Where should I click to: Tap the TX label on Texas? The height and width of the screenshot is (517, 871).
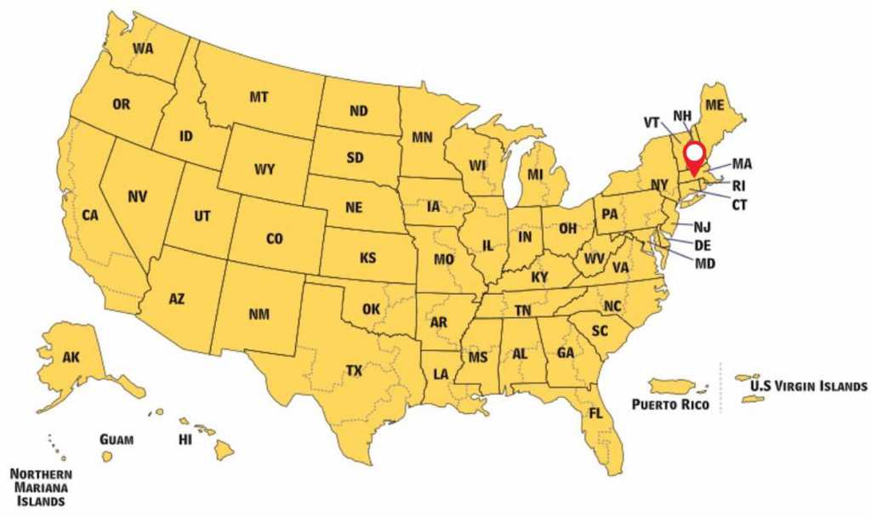(x=354, y=370)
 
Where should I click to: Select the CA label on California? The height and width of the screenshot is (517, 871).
(x=91, y=216)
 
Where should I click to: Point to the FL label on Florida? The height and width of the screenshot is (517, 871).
(x=596, y=414)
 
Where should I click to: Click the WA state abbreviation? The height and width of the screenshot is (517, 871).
(x=143, y=48)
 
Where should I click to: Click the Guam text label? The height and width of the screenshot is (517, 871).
(x=117, y=439)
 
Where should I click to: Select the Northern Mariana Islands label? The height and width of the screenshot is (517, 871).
(x=41, y=487)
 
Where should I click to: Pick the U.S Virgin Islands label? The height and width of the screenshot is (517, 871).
(x=808, y=386)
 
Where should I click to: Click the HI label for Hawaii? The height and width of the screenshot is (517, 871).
(x=185, y=440)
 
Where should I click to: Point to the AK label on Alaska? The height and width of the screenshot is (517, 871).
(x=71, y=357)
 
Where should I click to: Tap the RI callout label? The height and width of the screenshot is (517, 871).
(x=738, y=185)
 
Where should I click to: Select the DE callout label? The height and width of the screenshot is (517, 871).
(x=703, y=245)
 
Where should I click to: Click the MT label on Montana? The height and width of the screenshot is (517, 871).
(x=259, y=97)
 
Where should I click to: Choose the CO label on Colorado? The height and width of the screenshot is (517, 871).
(x=274, y=239)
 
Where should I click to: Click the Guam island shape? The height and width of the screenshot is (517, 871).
(x=107, y=457)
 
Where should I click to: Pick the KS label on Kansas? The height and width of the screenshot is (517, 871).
(x=368, y=257)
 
